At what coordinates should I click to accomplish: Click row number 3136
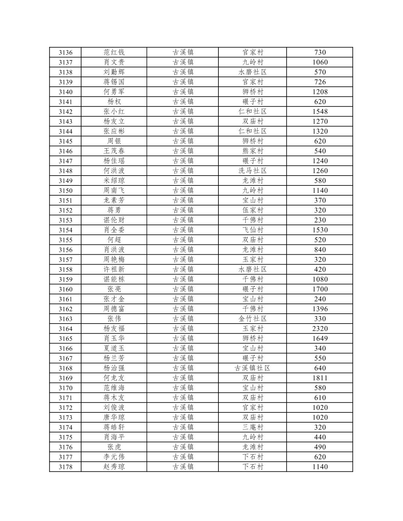[66, 52]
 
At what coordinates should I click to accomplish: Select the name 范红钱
[114, 52]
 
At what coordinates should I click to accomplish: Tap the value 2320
[320, 329]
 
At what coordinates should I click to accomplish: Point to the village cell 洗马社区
[252, 171]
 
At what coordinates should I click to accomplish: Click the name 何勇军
[114, 92]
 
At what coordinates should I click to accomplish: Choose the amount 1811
[320, 378]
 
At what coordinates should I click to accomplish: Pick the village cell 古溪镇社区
[252, 368]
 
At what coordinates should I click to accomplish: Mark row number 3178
[66, 467]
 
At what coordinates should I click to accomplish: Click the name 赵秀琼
[114, 467]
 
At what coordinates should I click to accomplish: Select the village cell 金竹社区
[252, 319]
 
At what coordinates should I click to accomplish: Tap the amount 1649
[320, 338]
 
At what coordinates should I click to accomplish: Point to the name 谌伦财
[114, 220]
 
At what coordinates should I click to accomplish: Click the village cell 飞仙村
[252, 230]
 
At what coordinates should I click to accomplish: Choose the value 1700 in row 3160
[320, 289]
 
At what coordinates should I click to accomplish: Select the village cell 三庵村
[252, 427]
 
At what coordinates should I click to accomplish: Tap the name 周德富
[114, 309]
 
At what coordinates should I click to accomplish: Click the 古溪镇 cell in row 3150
[183, 191]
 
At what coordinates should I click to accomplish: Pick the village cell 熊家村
[252, 151]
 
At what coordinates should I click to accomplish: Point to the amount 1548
[320, 111]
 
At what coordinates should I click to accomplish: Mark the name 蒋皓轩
[114, 427]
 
